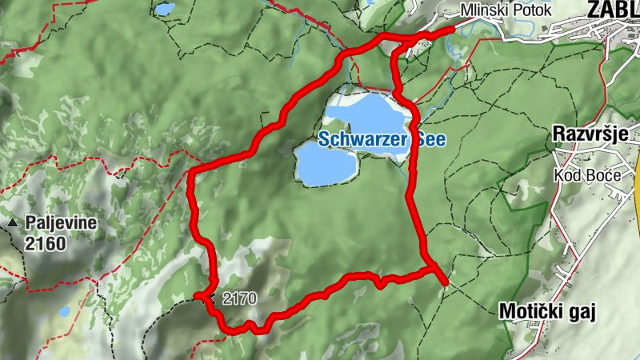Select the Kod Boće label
click(x=582, y=175)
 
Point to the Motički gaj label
click(x=547, y=311)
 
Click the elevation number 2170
click(x=239, y=299)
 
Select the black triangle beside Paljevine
click(x=14, y=223)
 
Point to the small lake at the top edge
click(x=165, y=9)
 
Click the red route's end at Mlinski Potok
click(x=453, y=29)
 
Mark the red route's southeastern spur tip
click(x=445, y=282)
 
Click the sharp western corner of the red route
click(x=190, y=172)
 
